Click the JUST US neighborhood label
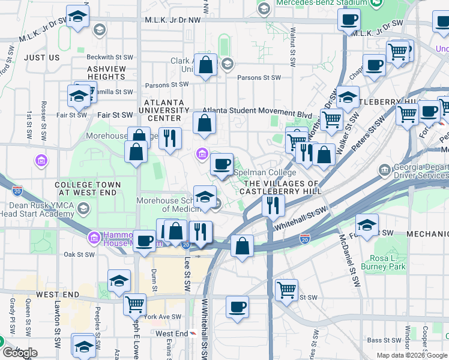(42, 58)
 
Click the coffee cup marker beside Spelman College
(221, 164)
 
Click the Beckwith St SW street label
(109, 58)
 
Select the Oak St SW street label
(79, 254)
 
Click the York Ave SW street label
(163, 317)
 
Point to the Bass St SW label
(383, 340)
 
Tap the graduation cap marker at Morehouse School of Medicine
(205, 197)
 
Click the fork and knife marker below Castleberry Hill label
(273, 206)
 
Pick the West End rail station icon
(193, 334)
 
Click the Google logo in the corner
(19, 353)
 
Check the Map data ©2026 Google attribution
(411, 355)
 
